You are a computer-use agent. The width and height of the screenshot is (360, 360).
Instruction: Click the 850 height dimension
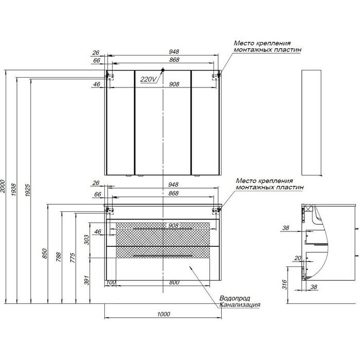tap(45, 254)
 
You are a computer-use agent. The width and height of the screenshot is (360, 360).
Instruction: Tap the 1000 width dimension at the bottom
tap(164, 314)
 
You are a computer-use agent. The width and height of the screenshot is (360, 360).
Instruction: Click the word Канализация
tap(239, 304)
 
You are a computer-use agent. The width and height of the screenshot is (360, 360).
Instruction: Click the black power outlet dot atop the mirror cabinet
tap(163, 69)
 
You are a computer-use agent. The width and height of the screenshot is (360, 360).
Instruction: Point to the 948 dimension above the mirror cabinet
tap(174, 52)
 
